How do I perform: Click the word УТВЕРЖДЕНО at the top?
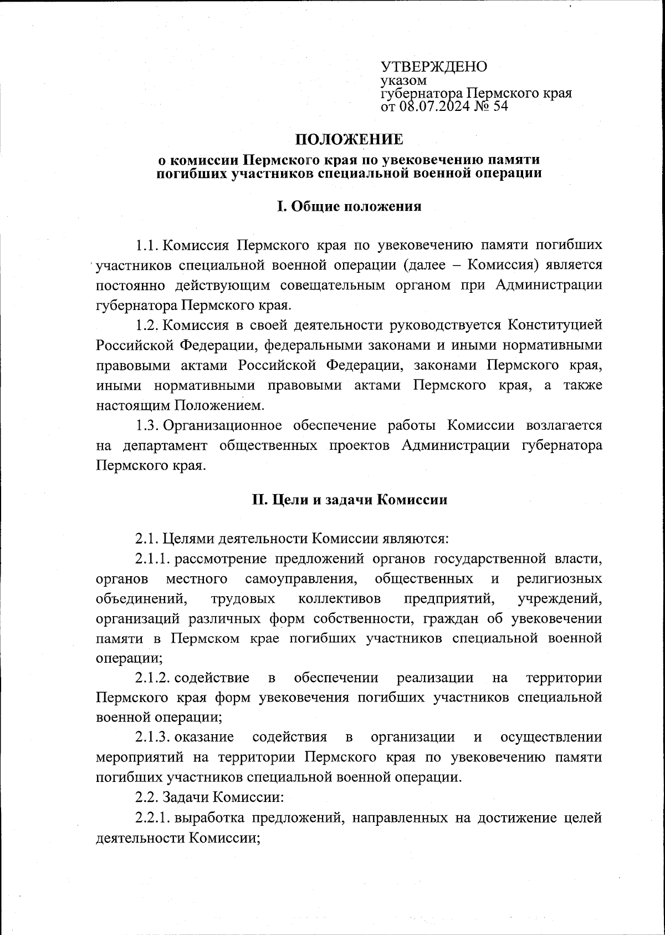434,67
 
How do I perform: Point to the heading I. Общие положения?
349,207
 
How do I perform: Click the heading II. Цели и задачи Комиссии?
349,500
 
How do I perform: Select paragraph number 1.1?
148,245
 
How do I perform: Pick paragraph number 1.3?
148,425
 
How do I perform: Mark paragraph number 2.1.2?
153,678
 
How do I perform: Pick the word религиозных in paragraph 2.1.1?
559,579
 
